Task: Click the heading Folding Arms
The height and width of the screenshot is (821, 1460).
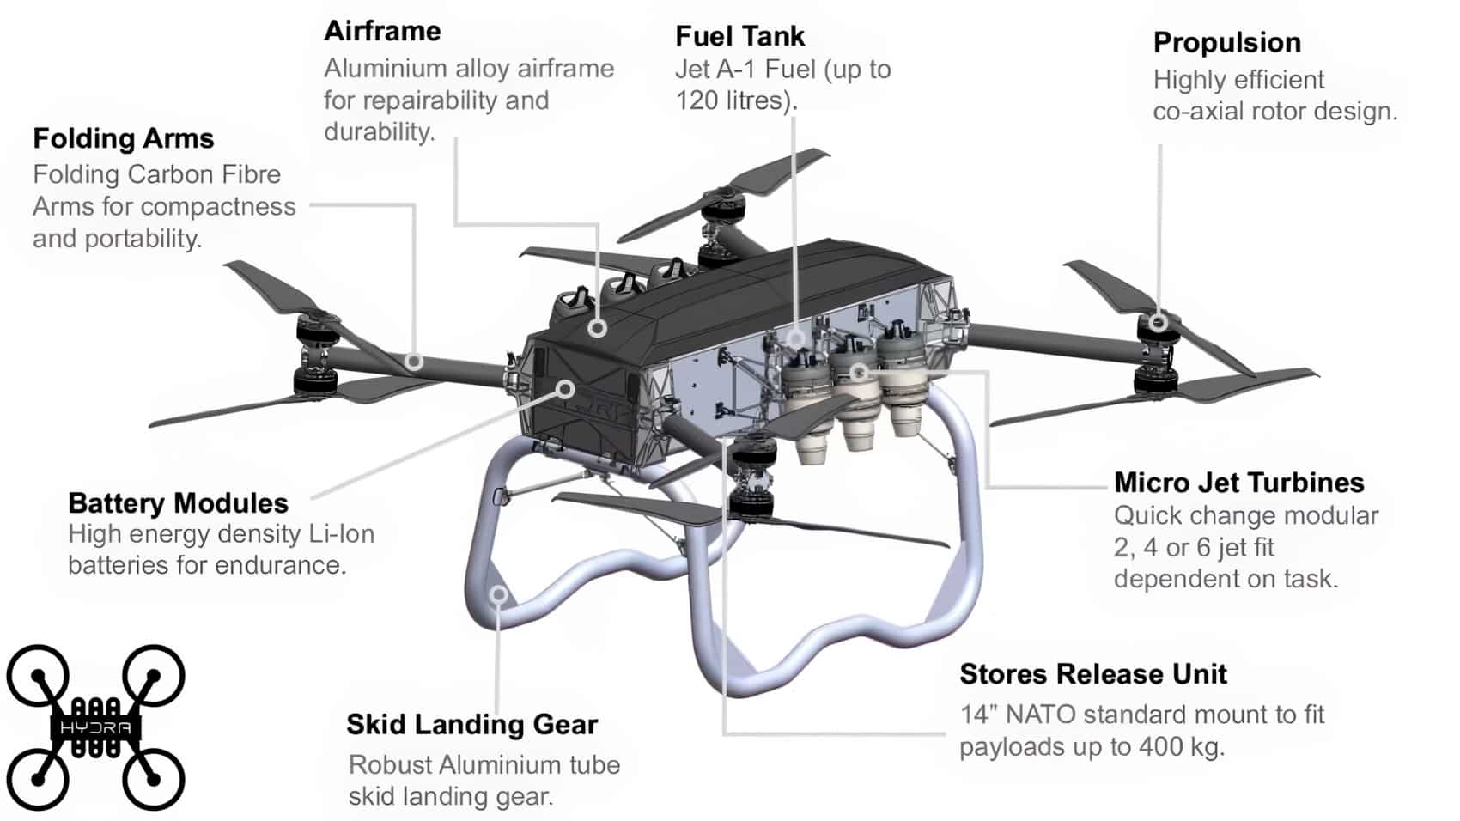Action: click(x=123, y=138)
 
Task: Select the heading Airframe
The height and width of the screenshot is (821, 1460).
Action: click(x=382, y=31)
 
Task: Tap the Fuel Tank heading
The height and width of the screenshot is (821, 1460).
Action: click(x=739, y=36)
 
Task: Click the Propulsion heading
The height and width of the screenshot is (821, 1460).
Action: click(x=1226, y=42)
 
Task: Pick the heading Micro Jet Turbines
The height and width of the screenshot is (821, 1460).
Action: click(x=1238, y=483)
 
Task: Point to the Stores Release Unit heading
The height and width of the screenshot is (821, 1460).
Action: click(x=1092, y=674)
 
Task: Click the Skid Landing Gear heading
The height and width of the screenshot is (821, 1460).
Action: click(x=471, y=725)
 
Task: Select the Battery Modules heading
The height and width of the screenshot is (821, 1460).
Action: click(x=178, y=503)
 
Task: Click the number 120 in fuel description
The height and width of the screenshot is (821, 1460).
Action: click(x=696, y=101)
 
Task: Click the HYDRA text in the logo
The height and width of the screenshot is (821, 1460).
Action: click(x=95, y=728)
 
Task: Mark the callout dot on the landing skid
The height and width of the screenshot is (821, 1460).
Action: click(x=498, y=594)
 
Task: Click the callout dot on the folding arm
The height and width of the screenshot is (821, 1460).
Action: click(x=414, y=362)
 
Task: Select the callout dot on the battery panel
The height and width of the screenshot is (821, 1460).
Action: click(x=565, y=389)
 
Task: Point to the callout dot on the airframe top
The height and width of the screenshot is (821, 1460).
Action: click(x=598, y=328)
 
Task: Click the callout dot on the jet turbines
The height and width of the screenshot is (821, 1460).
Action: click(x=859, y=372)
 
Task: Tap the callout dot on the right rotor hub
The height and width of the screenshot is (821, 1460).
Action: click(x=1159, y=323)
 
